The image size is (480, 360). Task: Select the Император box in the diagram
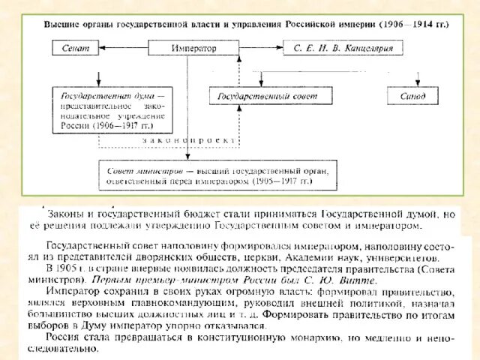coord(193,48)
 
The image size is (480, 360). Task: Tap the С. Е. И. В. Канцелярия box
coord(343,48)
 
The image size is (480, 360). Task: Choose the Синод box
coord(412,97)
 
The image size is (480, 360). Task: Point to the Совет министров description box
coord(214,175)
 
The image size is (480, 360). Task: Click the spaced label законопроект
coord(188,140)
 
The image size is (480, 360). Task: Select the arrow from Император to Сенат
coord(127,48)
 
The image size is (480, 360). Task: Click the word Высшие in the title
coord(62,24)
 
